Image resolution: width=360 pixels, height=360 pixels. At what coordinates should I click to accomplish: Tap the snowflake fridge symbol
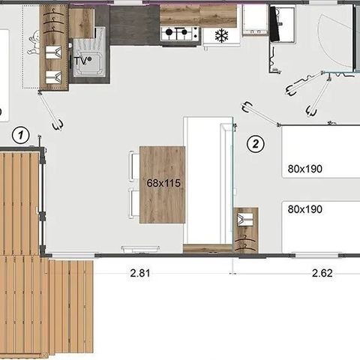pos(221,34)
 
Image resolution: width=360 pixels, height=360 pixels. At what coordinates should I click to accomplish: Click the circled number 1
pos(22,136)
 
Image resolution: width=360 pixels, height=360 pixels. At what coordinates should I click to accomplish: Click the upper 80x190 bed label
pos(304,169)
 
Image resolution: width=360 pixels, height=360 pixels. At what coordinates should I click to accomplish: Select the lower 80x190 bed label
pos(304,208)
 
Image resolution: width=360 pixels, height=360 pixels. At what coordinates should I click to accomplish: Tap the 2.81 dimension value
pos(140,273)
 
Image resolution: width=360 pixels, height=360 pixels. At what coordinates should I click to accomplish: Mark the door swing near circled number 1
pos(52,112)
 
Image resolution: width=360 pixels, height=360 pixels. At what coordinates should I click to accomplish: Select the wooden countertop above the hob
pos(198,14)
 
